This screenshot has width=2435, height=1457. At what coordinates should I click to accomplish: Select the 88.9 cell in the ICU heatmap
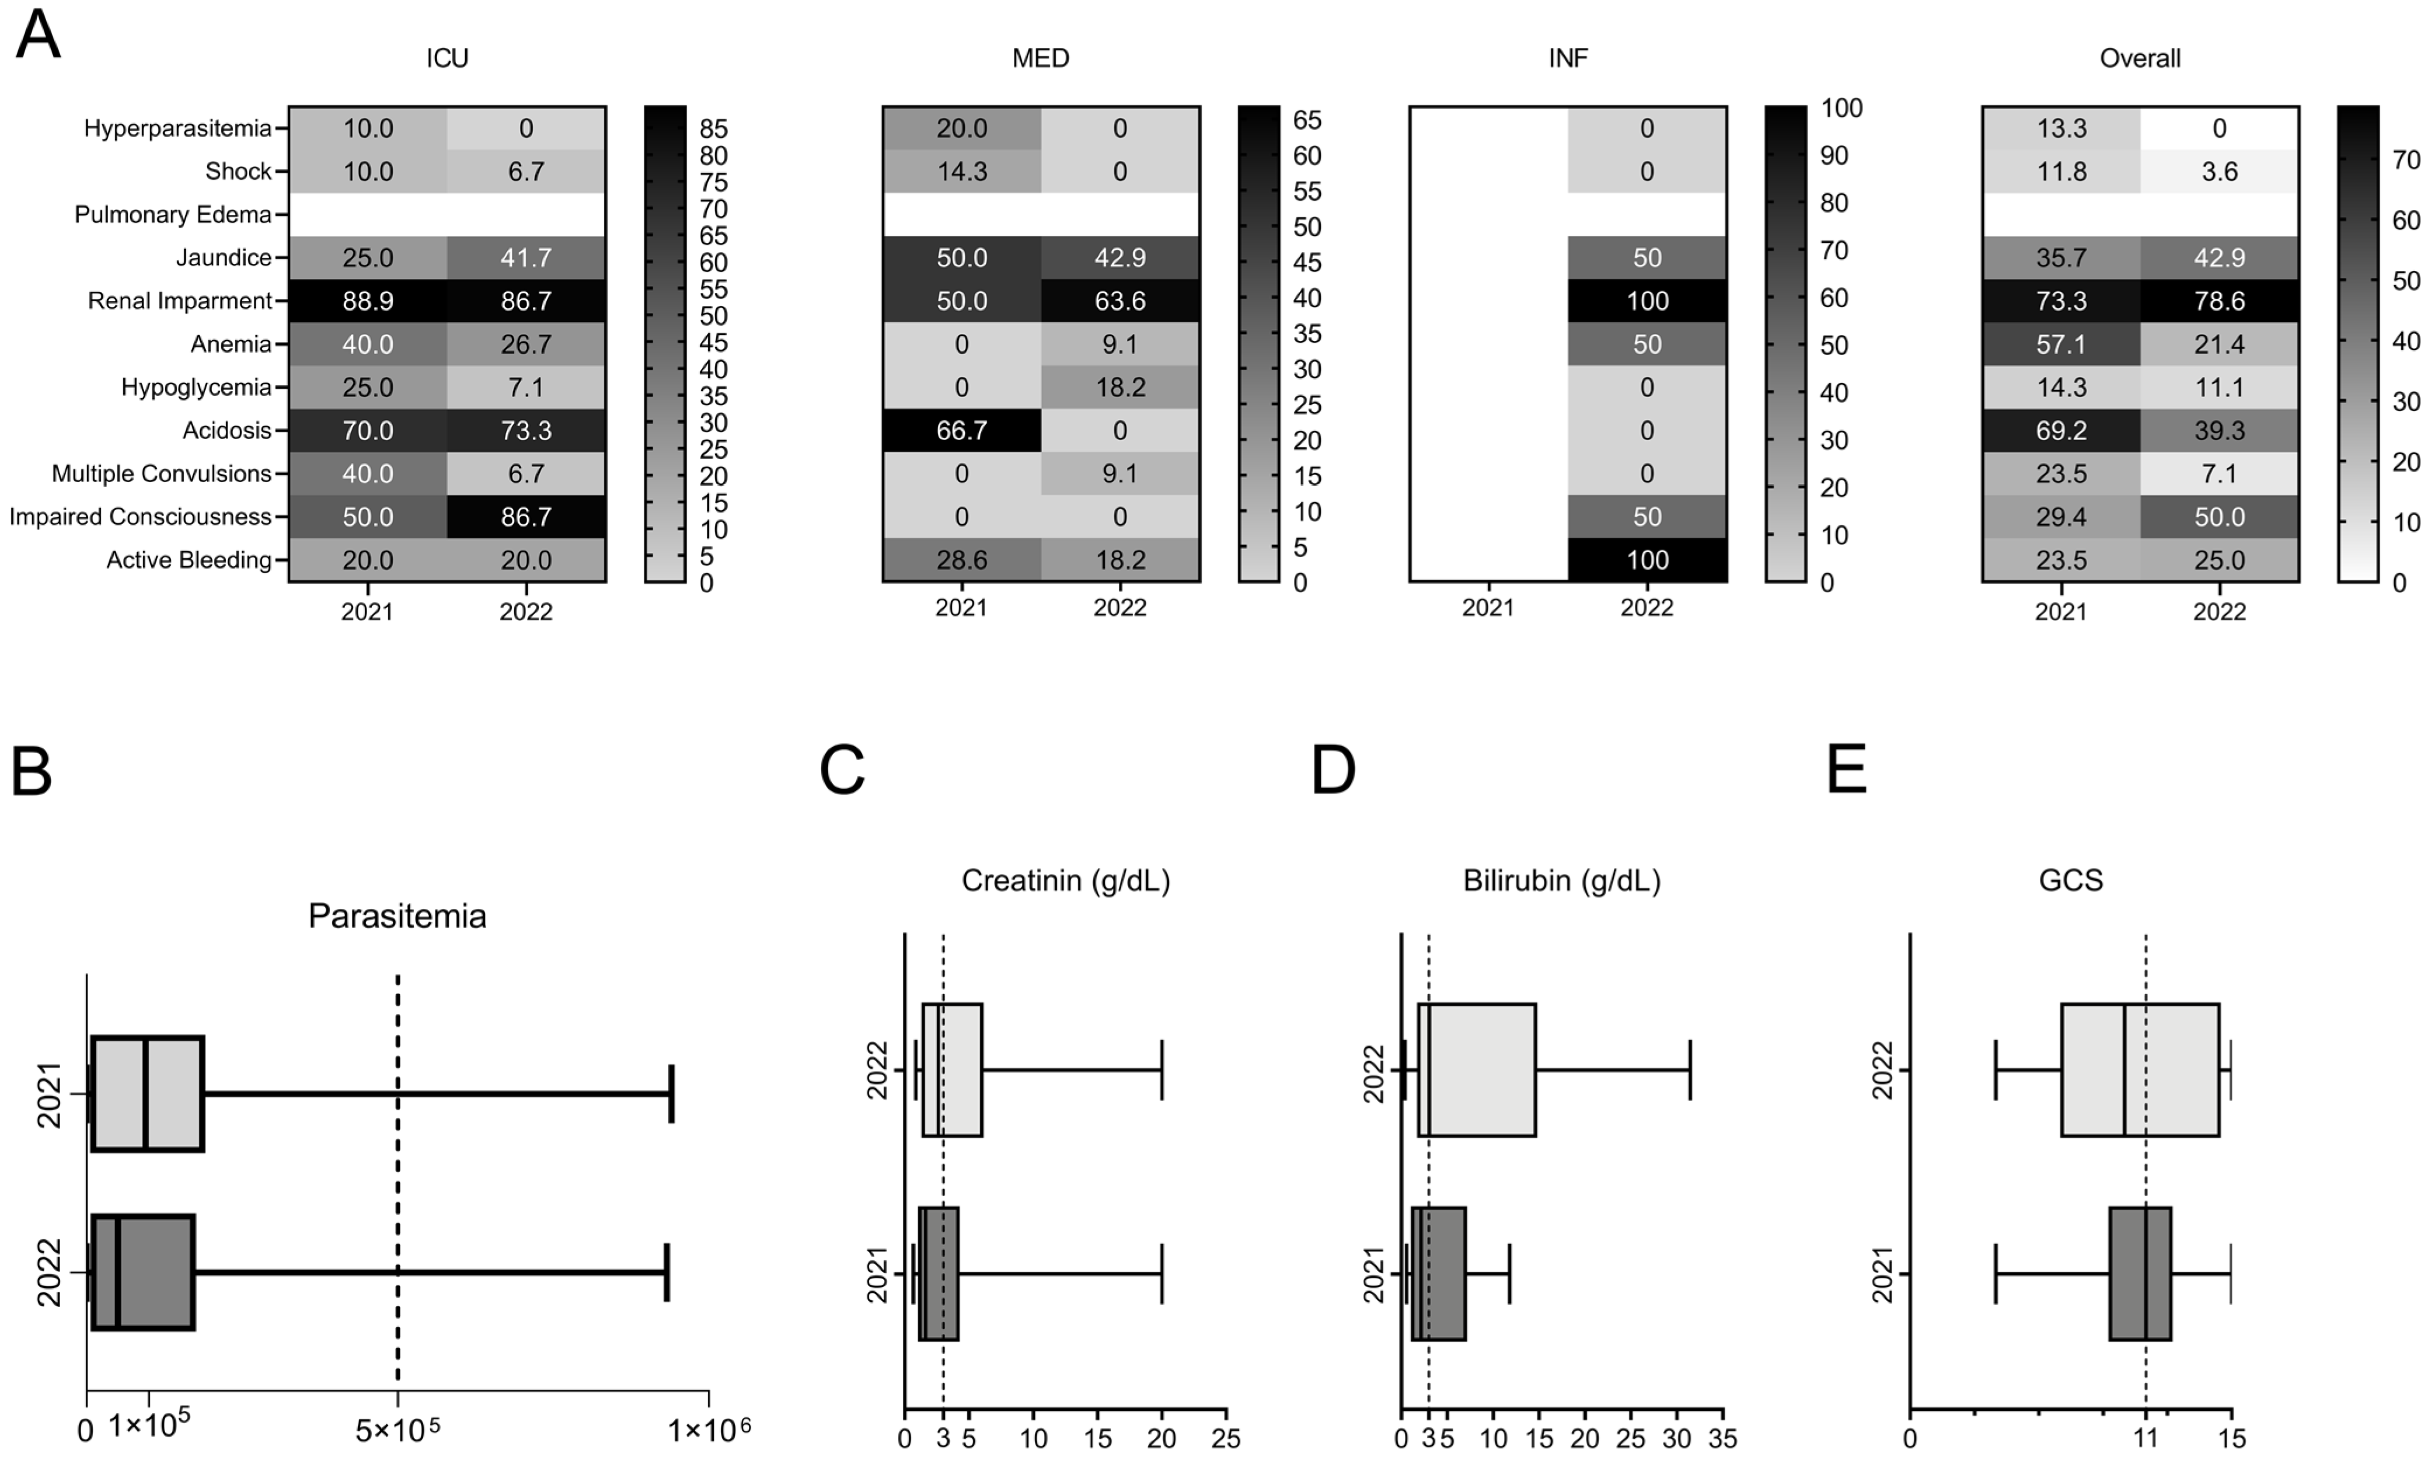click(x=368, y=301)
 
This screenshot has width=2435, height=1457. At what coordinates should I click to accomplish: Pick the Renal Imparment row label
click(x=180, y=301)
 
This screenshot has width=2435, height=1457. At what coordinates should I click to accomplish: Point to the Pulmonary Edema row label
click(x=173, y=214)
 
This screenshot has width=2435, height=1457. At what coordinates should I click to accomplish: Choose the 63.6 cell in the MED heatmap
click(x=1120, y=301)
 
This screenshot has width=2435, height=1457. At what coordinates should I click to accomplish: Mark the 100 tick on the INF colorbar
click(x=1841, y=108)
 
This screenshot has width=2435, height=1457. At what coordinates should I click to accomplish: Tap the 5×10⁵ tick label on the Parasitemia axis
click(x=397, y=1431)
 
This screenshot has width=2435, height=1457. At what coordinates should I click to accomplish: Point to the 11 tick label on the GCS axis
click(x=2147, y=1438)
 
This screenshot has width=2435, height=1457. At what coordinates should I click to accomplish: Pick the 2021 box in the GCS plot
click(x=2140, y=1273)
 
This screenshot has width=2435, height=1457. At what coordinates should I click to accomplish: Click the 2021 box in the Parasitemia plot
click(x=147, y=1093)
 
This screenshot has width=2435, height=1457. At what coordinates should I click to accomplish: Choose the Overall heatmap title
click(x=2140, y=58)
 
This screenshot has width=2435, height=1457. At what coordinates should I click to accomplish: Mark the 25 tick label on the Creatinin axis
click(x=1226, y=1438)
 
